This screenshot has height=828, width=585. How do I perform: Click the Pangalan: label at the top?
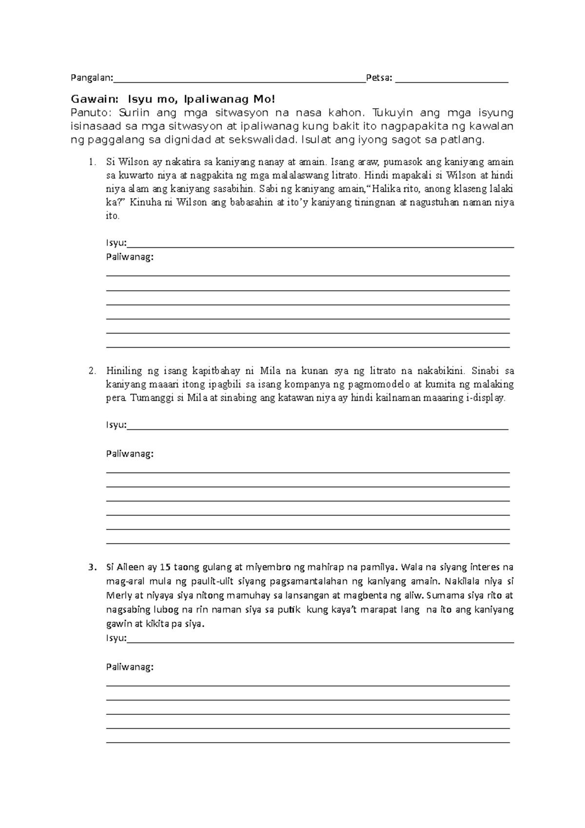pyautogui.click(x=92, y=78)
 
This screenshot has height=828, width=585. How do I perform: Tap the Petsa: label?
pyautogui.click(x=379, y=78)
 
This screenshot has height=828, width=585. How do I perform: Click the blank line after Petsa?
pyautogui.click(x=451, y=80)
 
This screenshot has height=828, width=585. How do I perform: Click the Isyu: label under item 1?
pyautogui.click(x=116, y=243)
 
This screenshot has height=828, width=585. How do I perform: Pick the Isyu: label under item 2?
pyautogui.click(x=116, y=425)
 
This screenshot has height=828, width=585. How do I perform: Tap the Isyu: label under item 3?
pyautogui.click(x=116, y=638)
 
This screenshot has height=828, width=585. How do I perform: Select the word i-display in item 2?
pyautogui.click(x=486, y=398)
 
